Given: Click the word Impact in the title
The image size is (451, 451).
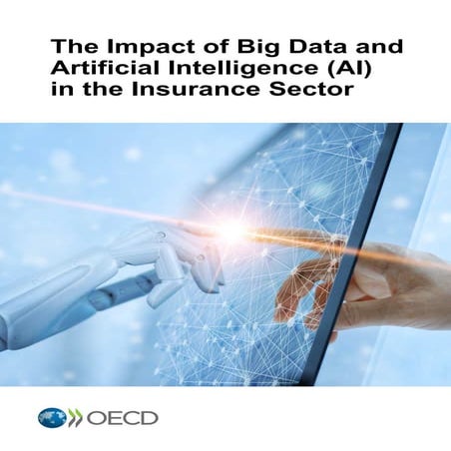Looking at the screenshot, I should coord(122,47).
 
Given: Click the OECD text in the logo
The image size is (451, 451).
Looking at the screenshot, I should coord(125,417).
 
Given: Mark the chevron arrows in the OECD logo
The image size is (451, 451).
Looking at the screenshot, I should coord(75,417).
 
